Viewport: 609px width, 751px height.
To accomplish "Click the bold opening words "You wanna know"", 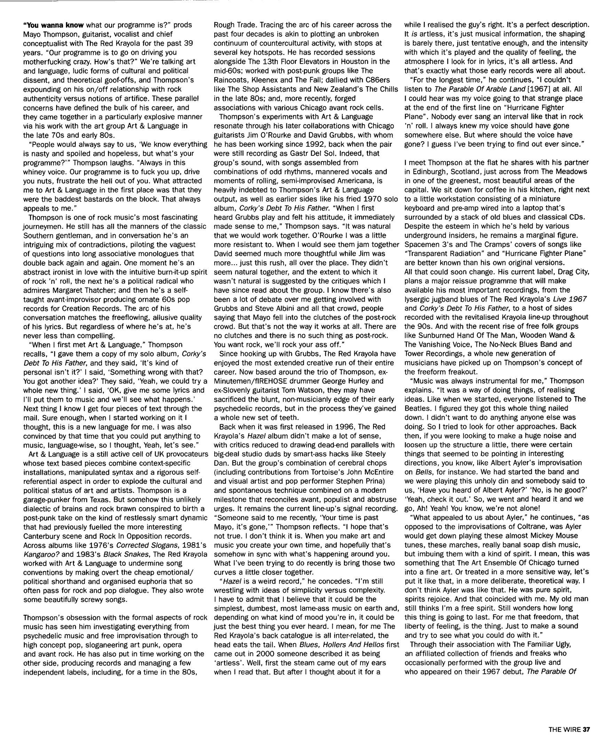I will [53, 25].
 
